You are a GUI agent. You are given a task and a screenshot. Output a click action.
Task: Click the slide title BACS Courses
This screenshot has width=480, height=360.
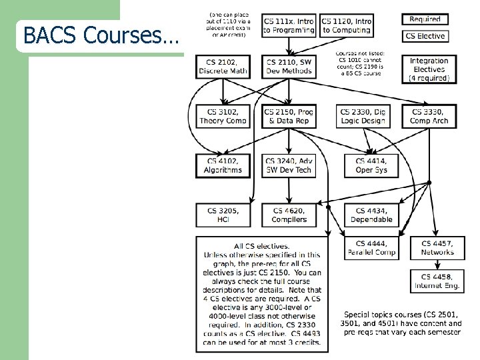pyautogui.click(x=101, y=35)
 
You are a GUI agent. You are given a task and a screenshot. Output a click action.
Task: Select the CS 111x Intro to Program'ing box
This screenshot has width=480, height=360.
pyautogui.click(x=289, y=25)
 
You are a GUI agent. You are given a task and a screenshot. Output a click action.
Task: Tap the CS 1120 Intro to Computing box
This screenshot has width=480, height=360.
pyautogui.click(x=346, y=25)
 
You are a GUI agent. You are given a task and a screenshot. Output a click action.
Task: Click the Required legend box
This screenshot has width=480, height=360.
pyautogui.click(x=425, y=19)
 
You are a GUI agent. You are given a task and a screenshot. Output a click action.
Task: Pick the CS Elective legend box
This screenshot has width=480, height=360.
pyautogui.click(x=425, y=36)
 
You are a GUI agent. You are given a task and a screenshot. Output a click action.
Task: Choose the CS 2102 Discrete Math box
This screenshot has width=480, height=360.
pyautogui.click(x=223, y=67)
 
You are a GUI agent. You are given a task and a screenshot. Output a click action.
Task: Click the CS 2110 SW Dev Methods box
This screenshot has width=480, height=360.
pyautogui.click(x=289, y=67)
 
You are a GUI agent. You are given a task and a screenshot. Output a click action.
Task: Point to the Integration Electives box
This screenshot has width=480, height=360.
pyautogui.click(x=429, y=69)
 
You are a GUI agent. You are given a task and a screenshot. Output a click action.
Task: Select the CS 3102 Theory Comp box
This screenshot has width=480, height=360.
pyautogui.click(x=223, y=117)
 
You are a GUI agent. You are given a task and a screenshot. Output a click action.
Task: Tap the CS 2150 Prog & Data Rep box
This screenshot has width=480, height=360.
pyautogui.click(x=289, y=117)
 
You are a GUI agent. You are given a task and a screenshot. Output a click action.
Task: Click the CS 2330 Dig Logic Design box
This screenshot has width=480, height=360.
pyautogui.click(x=363, y=117)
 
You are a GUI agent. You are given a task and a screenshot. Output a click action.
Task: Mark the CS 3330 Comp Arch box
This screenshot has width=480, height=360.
pyautogui.click(x=429, y=117)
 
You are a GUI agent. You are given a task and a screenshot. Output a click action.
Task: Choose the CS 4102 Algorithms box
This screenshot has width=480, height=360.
pyautogui.click(x=223, y=165)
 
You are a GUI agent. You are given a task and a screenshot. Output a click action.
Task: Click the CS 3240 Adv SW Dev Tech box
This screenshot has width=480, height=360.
pyautogui.click(x=289, y=165)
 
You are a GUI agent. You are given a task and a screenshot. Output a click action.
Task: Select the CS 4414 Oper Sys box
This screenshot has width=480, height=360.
pyautogui.click(x=371, y=165)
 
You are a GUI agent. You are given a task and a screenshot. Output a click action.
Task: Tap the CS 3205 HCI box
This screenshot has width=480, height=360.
pyautogui.click(x=223, y=215)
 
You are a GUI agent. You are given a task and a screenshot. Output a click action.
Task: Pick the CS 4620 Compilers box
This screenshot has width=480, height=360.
pyautogui.click(x=289, y=215)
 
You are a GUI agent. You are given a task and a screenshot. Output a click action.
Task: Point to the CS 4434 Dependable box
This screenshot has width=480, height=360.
pyautogui.click(x=371, y=215)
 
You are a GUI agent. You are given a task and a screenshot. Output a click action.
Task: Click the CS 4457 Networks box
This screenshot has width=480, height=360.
pyautogui.click(x=437, y=248)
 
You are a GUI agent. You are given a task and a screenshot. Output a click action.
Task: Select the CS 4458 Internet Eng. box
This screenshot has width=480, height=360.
pyautogui.click(x=437, y=281)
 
